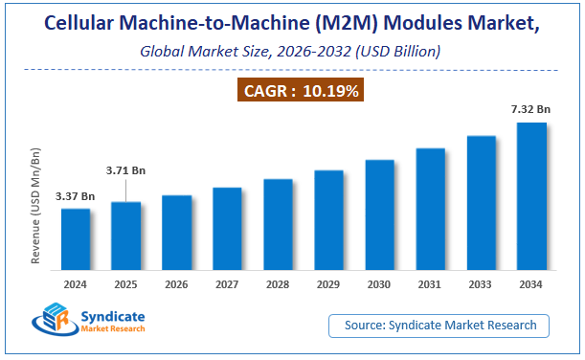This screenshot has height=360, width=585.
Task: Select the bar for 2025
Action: (x=126, y=238)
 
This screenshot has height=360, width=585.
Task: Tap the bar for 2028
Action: (x=279, y=227)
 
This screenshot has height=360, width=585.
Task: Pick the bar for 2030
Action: (x=380, y=217)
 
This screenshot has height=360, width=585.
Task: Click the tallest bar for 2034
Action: (x=531, y=199)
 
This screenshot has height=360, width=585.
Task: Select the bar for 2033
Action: (x=481, y=206)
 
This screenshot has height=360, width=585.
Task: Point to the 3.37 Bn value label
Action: (x=75, y=196)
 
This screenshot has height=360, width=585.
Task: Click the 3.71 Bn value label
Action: (x=126, y=170)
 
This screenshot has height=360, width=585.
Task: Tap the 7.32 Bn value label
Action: (x=531, y=111)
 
